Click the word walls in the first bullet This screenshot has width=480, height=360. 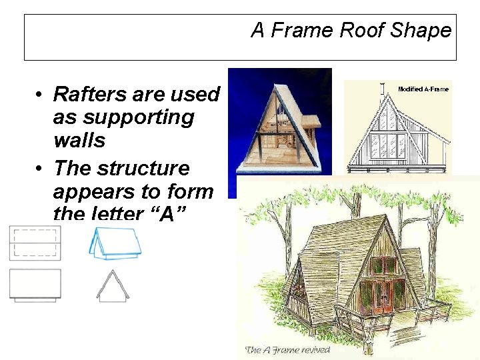79,141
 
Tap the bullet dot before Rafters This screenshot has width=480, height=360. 41,95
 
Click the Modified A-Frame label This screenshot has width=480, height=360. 423,89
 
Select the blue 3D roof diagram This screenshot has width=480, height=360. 115,243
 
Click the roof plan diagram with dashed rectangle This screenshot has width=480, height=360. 35,242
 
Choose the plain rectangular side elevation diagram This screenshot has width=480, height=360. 35,285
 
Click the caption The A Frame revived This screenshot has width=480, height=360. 287,349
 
